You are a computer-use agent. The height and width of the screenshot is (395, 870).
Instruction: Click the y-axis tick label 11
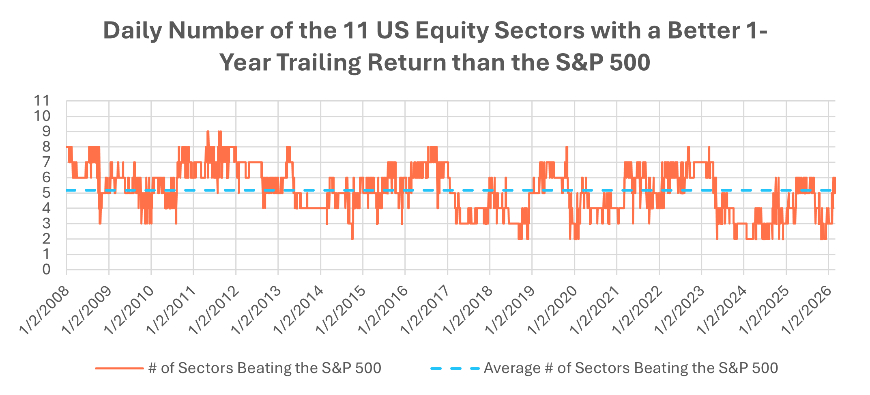pyautogui.click(x=42, y=101)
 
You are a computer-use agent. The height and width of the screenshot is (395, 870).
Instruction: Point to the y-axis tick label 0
pyautogui.click(x=46, y=270)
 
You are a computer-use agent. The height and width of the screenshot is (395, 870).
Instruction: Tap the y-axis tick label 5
pyautogui.click(x=46, y=193)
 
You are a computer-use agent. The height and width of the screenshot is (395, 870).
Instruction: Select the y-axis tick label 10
pyautogui.click(x=42, y=116)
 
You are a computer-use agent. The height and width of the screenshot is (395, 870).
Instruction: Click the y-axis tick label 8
pyautogui.click(x=46, y=147)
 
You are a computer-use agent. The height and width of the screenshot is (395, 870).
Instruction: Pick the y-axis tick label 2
pyautogui.click(x=46, y=239)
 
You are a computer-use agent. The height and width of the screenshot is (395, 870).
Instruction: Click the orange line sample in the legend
pyautogui.click(x=119, y=368)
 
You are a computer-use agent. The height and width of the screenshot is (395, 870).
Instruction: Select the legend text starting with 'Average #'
pyautogui.click(x=631, y=368)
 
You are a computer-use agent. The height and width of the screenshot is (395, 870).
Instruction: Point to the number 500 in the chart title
pyautogui.click(x=630, y=63)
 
